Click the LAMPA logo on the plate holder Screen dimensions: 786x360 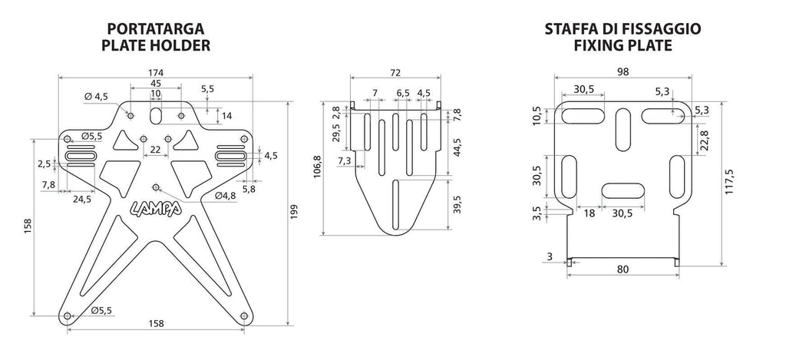coord(157,208)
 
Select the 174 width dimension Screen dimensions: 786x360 coord(156,73)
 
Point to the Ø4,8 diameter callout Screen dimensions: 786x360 coord(226,195)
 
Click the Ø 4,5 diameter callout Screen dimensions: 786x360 coord(96,97)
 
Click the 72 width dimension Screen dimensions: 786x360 coord(395,73)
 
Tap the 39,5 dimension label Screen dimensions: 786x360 coord(457,205)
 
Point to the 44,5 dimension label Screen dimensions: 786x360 coord(457,147)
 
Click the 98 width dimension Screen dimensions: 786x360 coord(623,71)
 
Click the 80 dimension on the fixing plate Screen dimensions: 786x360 coord(623,269)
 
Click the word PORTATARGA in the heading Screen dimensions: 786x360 coord(155,29)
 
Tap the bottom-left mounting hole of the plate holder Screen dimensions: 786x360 coord(68,316)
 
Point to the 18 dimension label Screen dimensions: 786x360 coord(589,213)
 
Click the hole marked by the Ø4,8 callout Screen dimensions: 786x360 coord(155,187)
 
